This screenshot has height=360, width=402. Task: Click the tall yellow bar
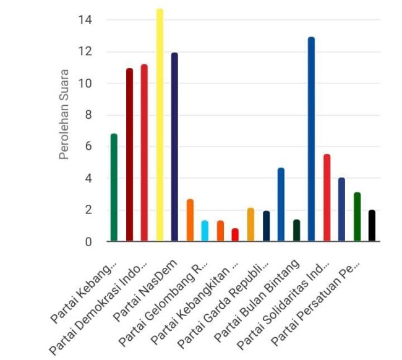(160, 124)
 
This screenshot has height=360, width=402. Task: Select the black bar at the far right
(372, 226)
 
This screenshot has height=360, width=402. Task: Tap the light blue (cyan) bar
(205, 231)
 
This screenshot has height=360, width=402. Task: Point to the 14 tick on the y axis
(85, 20)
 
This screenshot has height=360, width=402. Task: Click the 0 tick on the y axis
(88, 242)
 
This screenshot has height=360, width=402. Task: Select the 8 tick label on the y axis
(88, 115)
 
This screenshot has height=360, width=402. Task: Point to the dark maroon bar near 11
(129, 155)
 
